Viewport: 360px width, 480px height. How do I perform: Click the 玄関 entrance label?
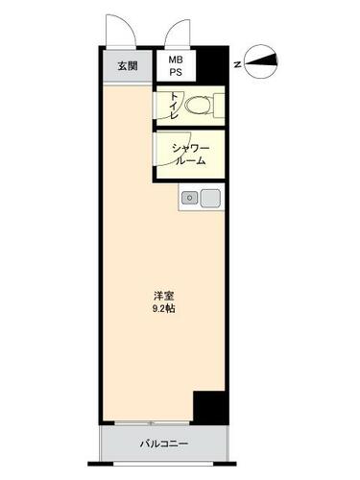128,66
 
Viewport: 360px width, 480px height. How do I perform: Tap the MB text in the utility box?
176,60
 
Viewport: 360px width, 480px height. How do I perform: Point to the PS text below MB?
176,73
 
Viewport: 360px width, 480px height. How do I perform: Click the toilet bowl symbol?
198,105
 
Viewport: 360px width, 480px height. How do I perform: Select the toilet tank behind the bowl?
219,105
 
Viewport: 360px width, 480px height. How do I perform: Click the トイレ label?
174,106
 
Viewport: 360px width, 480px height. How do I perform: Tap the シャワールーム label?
191,155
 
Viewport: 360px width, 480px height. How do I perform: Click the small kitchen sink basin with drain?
190,198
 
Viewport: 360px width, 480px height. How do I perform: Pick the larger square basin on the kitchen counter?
210,198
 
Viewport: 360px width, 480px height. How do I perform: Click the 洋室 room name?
164,296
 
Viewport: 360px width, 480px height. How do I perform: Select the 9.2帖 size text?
163,309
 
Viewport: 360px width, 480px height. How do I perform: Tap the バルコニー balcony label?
164,444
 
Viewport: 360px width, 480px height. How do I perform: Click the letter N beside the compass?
237,64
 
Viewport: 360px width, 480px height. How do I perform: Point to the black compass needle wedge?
261,60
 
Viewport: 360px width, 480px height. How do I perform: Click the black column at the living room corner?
210,408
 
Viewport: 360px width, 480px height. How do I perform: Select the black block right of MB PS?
212,65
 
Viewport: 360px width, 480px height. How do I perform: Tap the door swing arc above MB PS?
178,32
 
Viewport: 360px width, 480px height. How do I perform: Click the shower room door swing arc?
171,151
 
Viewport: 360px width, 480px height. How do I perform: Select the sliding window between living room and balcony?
153,423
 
